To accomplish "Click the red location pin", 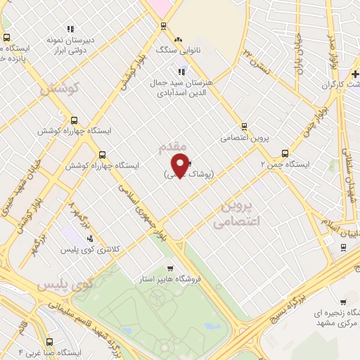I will [x=181, y=164].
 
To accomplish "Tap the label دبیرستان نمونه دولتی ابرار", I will [x=70, y=45].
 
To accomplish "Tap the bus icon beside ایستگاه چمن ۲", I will [x=285, y=153].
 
